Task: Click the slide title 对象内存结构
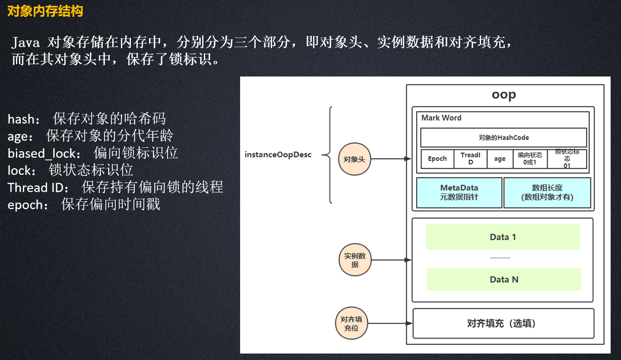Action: (x=45, y=11)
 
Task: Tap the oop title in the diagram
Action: (x=504, y=95)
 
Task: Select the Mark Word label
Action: (x=441, y=118)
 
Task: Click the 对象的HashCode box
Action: (x=504, y=137)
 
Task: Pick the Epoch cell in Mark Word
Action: (x=437, y=159)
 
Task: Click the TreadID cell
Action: (x=470, y=159)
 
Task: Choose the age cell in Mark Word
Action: (x=500, y=159)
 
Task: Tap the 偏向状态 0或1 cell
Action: (x=530, y=159)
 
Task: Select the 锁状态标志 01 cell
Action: (x=567, y=159)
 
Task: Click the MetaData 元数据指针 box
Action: (x=459, y=192)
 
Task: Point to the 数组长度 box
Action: (x=547, y=192)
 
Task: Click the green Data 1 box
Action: (x=503, y=237)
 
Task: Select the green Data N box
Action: (x=504, y=280)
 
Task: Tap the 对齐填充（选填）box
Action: (x=504, y=323)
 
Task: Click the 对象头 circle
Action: (x=354, y=159)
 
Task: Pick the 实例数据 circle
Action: (x=355, y=260)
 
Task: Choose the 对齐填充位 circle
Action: (x=351, y=323)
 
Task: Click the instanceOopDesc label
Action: (x=278, y=155)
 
